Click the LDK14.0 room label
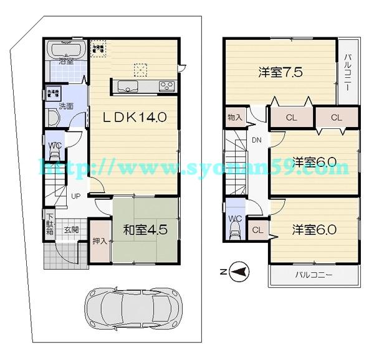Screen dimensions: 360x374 click(x=134, y=118)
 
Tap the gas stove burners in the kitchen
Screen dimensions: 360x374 click(x=166, y=86)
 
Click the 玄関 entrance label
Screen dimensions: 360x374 click(x=72, y=229)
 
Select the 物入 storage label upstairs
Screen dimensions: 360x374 click(x=234, y=117)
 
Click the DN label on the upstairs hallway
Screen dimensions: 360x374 click(x=257, y=140)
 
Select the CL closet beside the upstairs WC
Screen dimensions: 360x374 click(x=257, y=230)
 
